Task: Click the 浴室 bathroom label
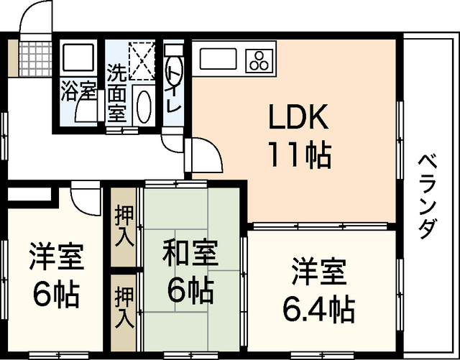[78, 91]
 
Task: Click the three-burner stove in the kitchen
[260, 60]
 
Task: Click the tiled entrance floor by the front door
[34, 54]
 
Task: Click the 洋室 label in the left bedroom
[55, 257]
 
